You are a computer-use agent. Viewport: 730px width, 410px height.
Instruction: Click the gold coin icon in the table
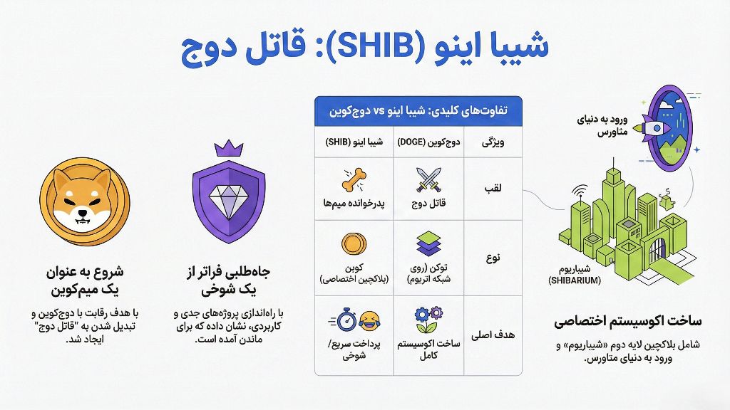353,243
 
